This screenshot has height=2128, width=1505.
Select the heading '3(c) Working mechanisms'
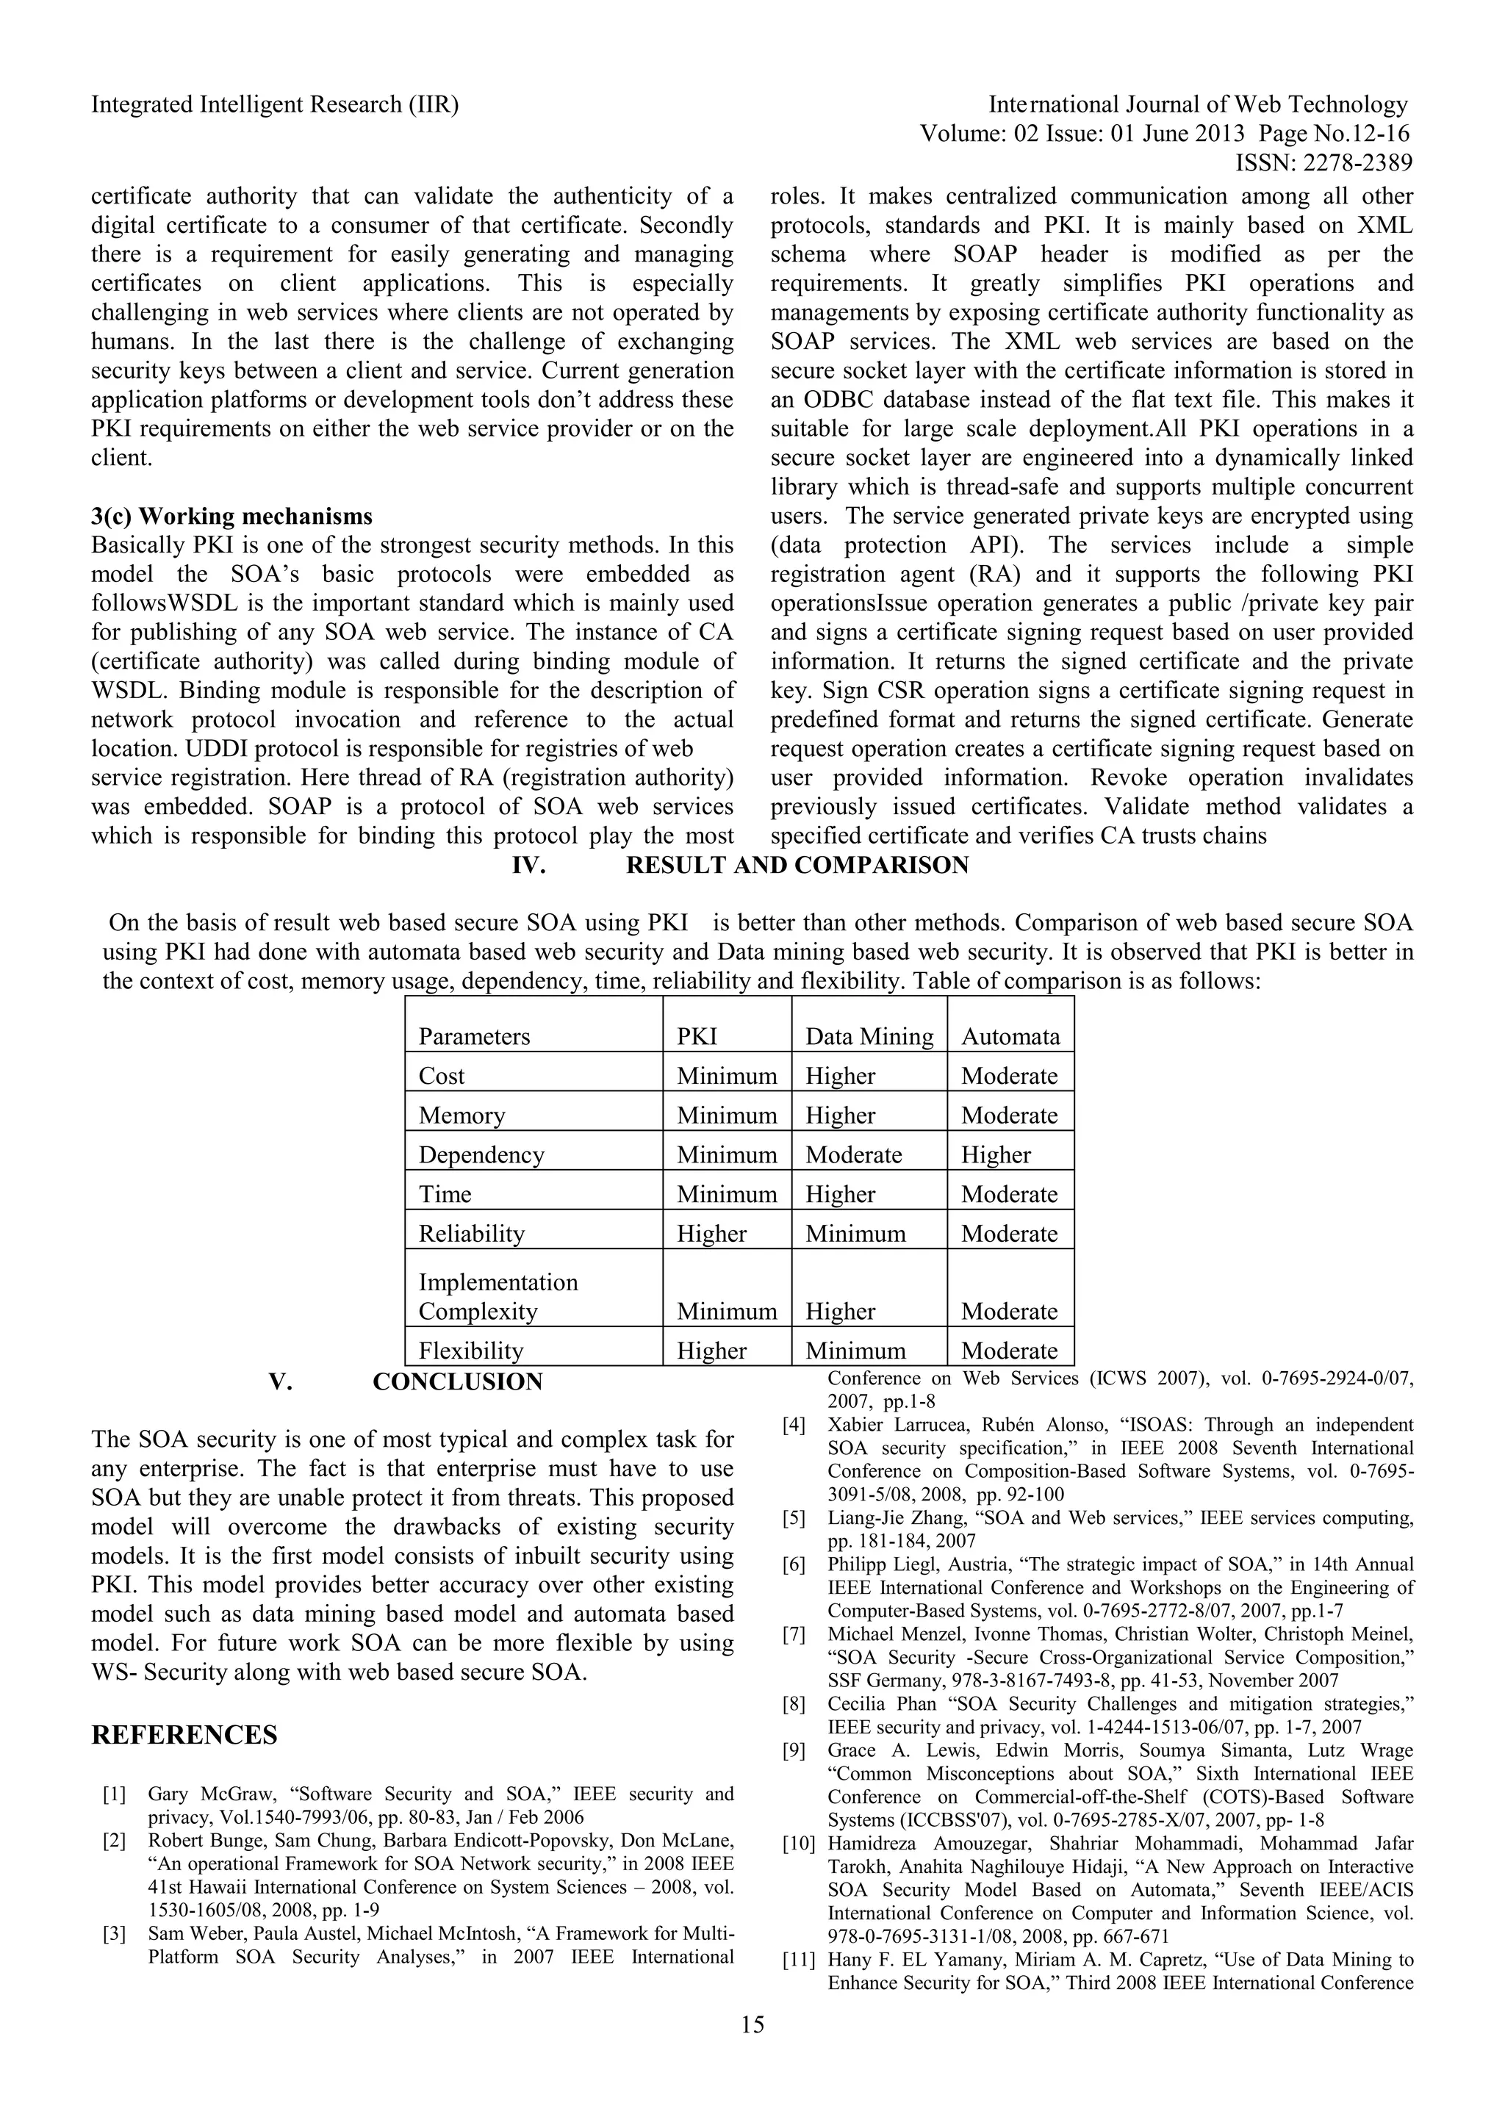pos(231,517)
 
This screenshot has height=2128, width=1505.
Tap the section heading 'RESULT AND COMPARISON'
pos(797,865)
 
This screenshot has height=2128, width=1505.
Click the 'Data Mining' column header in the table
pos(869,1036)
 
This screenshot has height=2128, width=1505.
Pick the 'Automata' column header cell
pos(1010,1036)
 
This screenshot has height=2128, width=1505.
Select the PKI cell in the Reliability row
pos(712,1234)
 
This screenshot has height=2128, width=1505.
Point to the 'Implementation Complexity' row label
pos(498,1297)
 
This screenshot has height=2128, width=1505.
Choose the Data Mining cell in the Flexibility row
pos(855,1351)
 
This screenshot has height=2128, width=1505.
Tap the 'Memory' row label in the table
pos(461,1115)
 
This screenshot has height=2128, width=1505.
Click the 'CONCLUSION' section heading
pos(458,1382)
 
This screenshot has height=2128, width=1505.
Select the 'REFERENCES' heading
pos(184,1735)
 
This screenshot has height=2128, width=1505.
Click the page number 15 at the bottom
pos(752,2051)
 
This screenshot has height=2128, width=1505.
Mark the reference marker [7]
pos(794,1634)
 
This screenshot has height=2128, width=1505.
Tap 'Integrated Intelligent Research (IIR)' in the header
pos(276,105)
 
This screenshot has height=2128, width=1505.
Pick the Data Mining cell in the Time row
pos(840,1194)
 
